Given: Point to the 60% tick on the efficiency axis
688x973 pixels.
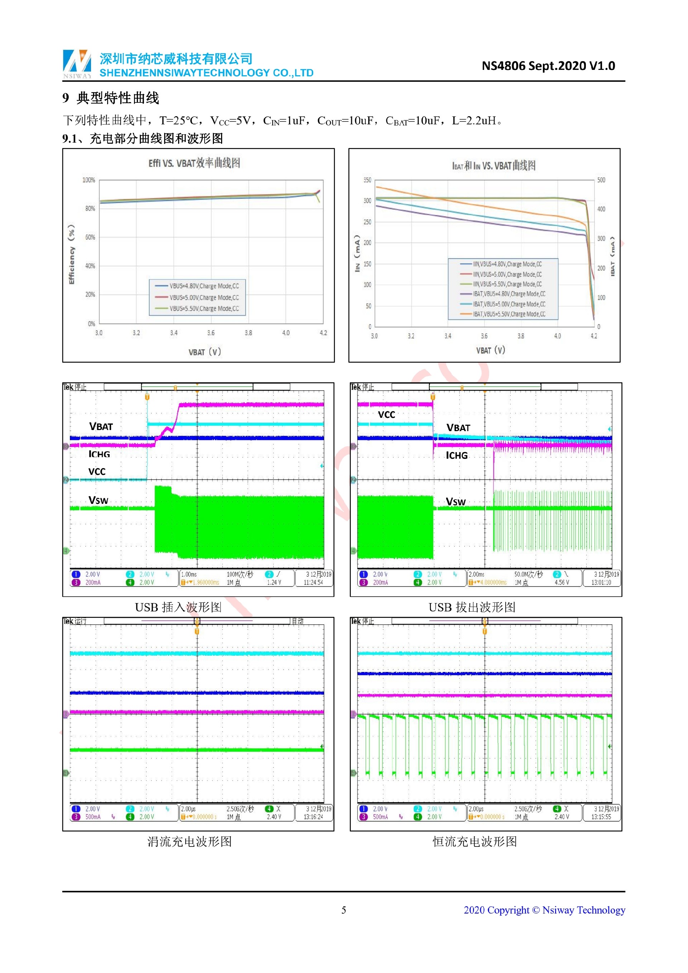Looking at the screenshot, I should (x=90, y=237).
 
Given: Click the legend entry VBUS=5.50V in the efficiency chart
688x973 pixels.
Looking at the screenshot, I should (x=204, y=309).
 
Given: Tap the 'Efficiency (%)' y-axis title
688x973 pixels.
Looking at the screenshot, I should (x=71, y=254).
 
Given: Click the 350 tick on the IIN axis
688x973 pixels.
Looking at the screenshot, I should (x=367, y=180).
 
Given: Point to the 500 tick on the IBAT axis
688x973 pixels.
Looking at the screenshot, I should (x=601, y=180).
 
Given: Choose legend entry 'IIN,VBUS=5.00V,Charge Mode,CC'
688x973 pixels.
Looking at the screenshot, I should (x=507, y=275).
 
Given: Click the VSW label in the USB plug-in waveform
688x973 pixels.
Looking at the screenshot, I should (x=98, y=501).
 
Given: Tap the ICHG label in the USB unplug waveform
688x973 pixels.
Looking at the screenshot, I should (x=457, y=456).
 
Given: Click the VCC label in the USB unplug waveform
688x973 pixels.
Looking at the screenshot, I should (x=386, y=415).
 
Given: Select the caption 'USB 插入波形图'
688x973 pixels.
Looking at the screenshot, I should (x=178, y=607).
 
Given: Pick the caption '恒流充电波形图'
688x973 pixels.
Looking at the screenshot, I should (x=474, y=841).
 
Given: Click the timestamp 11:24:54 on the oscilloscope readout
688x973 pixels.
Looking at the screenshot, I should (x=313, y=583).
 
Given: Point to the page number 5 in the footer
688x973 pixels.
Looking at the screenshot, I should (x=344, y=910).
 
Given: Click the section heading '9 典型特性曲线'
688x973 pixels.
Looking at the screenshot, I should (x=111, y=98).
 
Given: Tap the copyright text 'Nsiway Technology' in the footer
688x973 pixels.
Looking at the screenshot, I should (x=583, y=910).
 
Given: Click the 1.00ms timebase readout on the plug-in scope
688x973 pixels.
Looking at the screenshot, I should (x=189, y=574).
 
